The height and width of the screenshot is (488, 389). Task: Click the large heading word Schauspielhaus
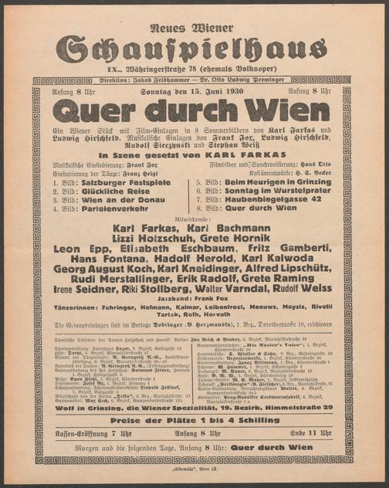click(194, 48)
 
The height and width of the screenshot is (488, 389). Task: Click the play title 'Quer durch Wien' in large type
click(194, 110)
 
